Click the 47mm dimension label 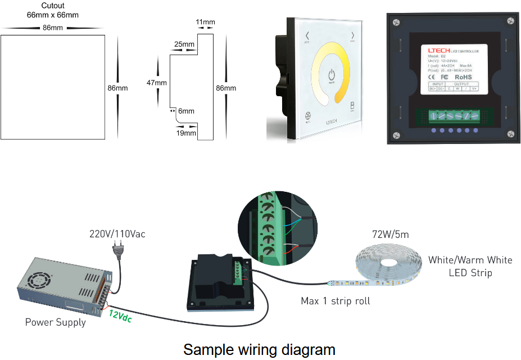(157, 83)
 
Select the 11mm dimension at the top (206, 22)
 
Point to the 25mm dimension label (184, 44)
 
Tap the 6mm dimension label (186, 111)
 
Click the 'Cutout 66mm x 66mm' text (53, 11)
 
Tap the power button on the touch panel (331, 75)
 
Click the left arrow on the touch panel (307, 38)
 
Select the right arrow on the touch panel (353, 37)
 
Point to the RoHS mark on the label (464, 77)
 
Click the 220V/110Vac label (117, 234)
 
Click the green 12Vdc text (121, 317)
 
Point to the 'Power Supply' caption (56, 322)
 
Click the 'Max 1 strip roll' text (336, 301)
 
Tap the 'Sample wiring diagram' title (259, 349)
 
